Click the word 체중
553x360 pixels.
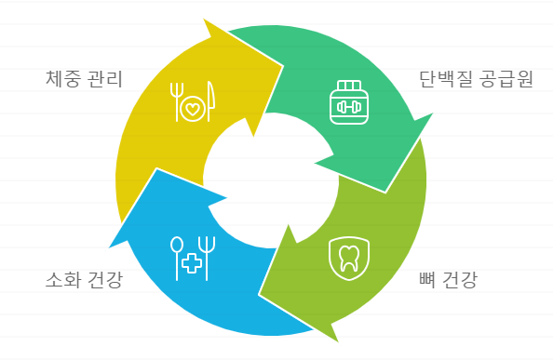61,77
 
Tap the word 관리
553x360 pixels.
104,77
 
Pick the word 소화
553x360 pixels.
61,279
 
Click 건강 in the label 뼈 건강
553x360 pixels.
461,278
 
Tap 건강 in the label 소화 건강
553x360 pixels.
104,279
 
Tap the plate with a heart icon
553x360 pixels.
192,110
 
